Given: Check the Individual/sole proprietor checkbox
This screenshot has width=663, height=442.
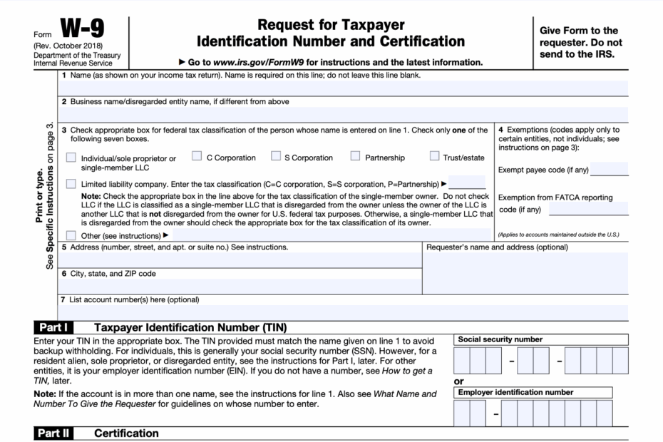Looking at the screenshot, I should tap(71, 158).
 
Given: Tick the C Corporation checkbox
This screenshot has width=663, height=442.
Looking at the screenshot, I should tap(197, 156).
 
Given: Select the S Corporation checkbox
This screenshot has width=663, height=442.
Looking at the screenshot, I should tap(274, 156).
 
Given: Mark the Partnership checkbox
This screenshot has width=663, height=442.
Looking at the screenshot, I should tap(355, 156).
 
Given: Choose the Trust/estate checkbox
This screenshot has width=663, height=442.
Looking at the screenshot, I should tap(434, 156).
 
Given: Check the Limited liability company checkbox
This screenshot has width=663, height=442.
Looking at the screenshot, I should tap(71, 184).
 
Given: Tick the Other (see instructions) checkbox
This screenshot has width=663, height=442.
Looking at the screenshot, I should tap(71, 235).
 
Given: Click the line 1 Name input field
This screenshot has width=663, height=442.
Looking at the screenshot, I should tap(342, 88).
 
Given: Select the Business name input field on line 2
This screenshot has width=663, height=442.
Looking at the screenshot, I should tap(342, 114).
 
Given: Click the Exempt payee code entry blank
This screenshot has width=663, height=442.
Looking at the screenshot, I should tap(610, 169).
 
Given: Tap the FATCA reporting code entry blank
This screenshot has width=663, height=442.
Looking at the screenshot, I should tap(588, 209).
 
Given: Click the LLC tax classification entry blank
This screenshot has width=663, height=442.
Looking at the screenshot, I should tap(467, 183).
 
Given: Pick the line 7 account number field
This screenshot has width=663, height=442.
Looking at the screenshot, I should tap(342, 312).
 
